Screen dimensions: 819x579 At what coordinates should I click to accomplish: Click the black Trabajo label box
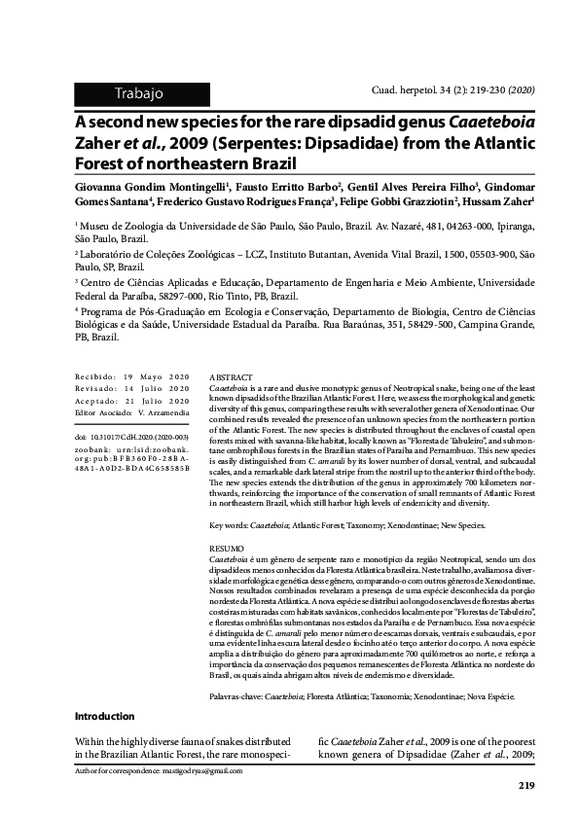[x=139, y=93]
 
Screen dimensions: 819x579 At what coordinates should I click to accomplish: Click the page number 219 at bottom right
[x=526, y=786]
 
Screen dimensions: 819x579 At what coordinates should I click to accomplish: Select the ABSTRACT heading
[x=231, y=376]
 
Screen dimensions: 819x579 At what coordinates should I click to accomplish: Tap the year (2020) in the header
[x=518, y=89]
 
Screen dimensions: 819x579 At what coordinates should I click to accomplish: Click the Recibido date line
[x=131, y=376]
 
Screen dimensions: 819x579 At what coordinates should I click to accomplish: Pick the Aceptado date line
[x=131, y=400]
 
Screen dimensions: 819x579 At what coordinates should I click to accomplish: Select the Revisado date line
[x=131, y=388]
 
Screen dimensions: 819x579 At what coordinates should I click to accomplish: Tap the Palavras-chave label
[x=235, y=697]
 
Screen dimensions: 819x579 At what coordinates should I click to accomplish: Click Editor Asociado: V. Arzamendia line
[x=131, y=411]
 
